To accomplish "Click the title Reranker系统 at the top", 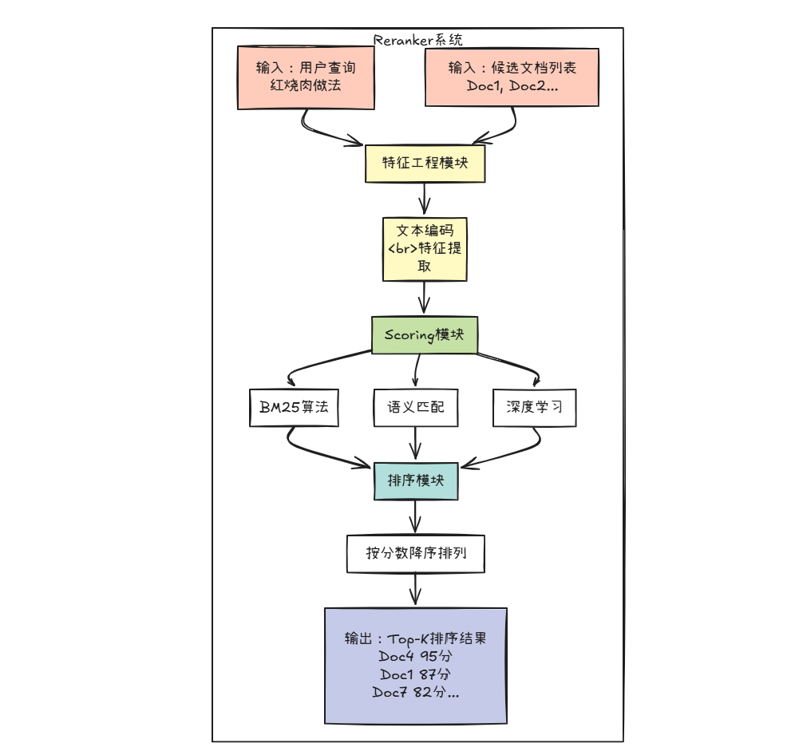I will [417, 40].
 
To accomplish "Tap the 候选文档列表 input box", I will [512, 77].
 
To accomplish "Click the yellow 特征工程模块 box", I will [425, 164].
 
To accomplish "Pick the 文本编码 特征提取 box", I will [425, 249].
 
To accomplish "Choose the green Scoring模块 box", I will [425, 335].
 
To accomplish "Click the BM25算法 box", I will [293, 407].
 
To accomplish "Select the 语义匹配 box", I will [416, 407].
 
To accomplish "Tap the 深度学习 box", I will [534, 407].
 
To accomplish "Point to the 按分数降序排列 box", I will [416, 553].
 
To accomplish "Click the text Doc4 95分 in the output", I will [415, 657].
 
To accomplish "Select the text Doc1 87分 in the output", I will [415, 674].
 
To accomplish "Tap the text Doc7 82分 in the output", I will [415, 692].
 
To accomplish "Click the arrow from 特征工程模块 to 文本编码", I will [425, 200].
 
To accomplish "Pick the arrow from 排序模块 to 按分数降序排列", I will [415, 517].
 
